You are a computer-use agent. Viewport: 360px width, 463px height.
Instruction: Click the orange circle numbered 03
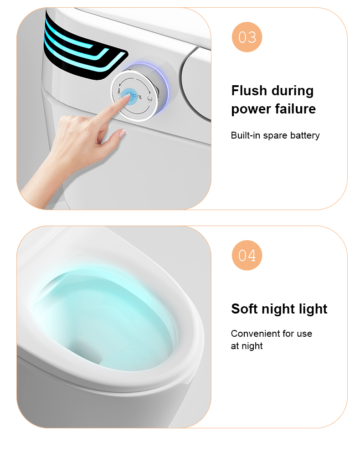247,37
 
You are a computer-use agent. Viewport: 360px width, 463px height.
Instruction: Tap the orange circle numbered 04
247,255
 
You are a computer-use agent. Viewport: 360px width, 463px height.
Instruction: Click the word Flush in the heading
249,90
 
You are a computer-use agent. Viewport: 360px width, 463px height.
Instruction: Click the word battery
305,135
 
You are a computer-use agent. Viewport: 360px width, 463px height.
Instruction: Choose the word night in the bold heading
278,309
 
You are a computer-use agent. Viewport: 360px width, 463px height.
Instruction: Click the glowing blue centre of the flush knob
129,96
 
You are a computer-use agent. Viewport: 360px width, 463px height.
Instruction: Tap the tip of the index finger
127,96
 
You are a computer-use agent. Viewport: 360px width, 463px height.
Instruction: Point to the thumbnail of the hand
122,134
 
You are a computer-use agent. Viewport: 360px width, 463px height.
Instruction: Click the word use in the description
304,334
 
